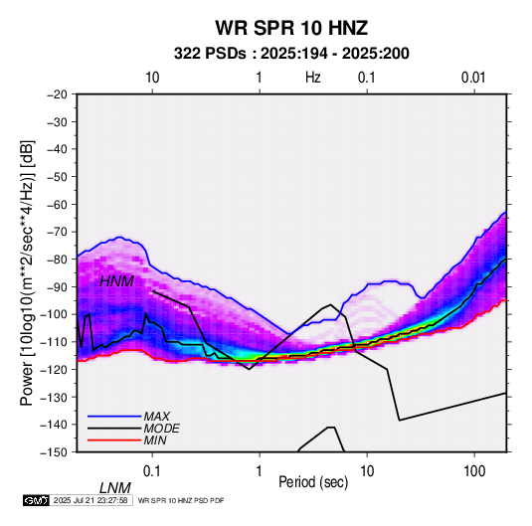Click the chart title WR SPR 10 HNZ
(291, 28)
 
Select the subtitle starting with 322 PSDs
(291, 54)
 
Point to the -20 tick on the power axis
(57, 94)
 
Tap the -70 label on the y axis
(57, 232)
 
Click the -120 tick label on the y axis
(54, 369)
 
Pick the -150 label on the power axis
(54, 452)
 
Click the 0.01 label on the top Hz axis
(473, 78)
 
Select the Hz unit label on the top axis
(313, 78)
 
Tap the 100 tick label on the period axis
(474, 471)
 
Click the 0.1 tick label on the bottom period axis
(152, 471)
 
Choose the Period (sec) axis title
(313, 482)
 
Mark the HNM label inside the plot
(116, 281)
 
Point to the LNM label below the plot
(115, 488)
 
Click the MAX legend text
(157, 417)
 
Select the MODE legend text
(161, 429)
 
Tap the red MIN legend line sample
(114, 440)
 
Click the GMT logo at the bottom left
(37, 500)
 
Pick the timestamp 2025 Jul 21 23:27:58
(90, 500)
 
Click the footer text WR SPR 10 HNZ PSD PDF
(181, 500)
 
